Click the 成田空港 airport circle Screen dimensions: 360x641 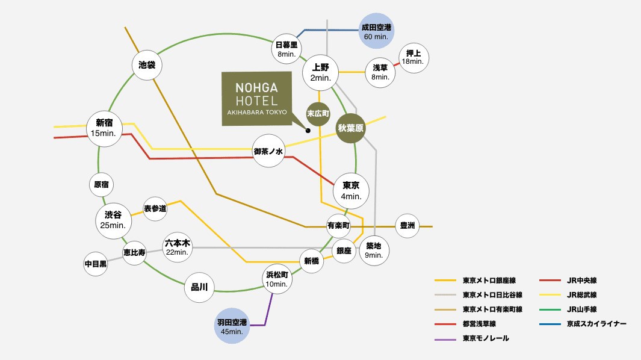pyautogui.click(x=376, y=31)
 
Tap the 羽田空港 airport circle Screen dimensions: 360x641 pyautogui.click(x=232, y=327)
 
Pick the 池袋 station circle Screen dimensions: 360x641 pyautogui.click(x=147, y=64)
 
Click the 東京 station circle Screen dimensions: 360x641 pyautogui.click(x=351, y=190)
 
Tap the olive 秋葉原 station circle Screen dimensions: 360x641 pyautogui.click(x=352, y=128)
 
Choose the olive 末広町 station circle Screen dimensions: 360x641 pyautogui.click(x=319, y=113)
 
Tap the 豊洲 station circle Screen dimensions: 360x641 pyautogui.click(x=407, y=226)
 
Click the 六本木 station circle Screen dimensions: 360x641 pyautogui.click(x=178, y=247)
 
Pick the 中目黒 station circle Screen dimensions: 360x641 pyautogui.click(x=96, y=264)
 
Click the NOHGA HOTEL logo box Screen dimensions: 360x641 pyautogui.click(x=256, y=99)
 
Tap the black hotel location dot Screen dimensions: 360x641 pyautogui.click(x=308, y=130)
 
